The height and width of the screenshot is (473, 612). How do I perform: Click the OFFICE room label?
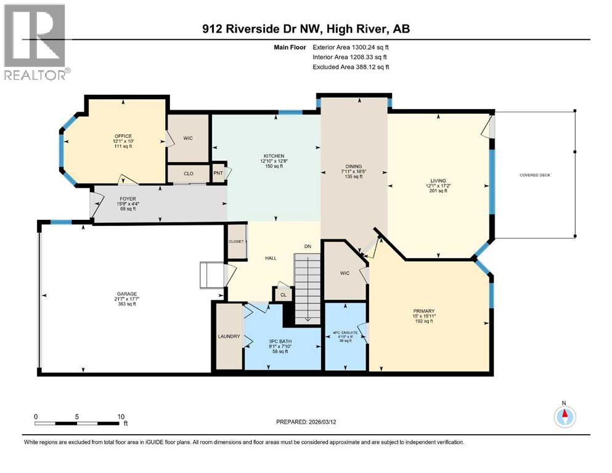click(123, 136)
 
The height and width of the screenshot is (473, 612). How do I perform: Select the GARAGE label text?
click(128, 294)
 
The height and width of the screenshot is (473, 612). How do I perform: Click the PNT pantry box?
click(218, 172)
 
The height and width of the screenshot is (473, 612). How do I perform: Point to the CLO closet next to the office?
click(189, 174)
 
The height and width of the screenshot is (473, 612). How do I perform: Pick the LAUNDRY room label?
click(228, 336)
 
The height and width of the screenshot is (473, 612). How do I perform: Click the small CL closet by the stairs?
click(283, 295)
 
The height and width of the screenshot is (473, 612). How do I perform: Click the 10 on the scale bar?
click(121, 416)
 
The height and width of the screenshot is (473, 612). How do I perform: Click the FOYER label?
click(127, 199)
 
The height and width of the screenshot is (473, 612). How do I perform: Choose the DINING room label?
click(353, 166)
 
